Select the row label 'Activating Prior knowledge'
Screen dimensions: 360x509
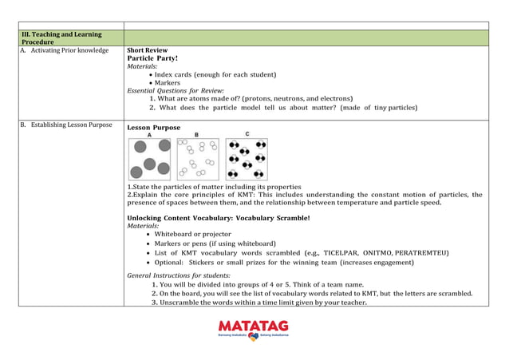pyautogui.click(x=68, y=50)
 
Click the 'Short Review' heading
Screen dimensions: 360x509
pyautogui.click(x=148, y=50)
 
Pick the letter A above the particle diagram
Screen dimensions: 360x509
pyautogui.click(x=148, y=135)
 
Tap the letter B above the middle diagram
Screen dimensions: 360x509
pyautogui.click(x=196, y=135)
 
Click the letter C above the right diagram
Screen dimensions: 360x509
pyautogui.click(x=247, y=134)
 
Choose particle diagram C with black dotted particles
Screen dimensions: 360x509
pyautogui.click(x=247, y=159)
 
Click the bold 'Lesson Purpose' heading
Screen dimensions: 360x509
pyautogui.click(x=154, y=128)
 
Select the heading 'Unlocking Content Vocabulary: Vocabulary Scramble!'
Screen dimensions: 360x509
pyautogui.click(x=219, y=218)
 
